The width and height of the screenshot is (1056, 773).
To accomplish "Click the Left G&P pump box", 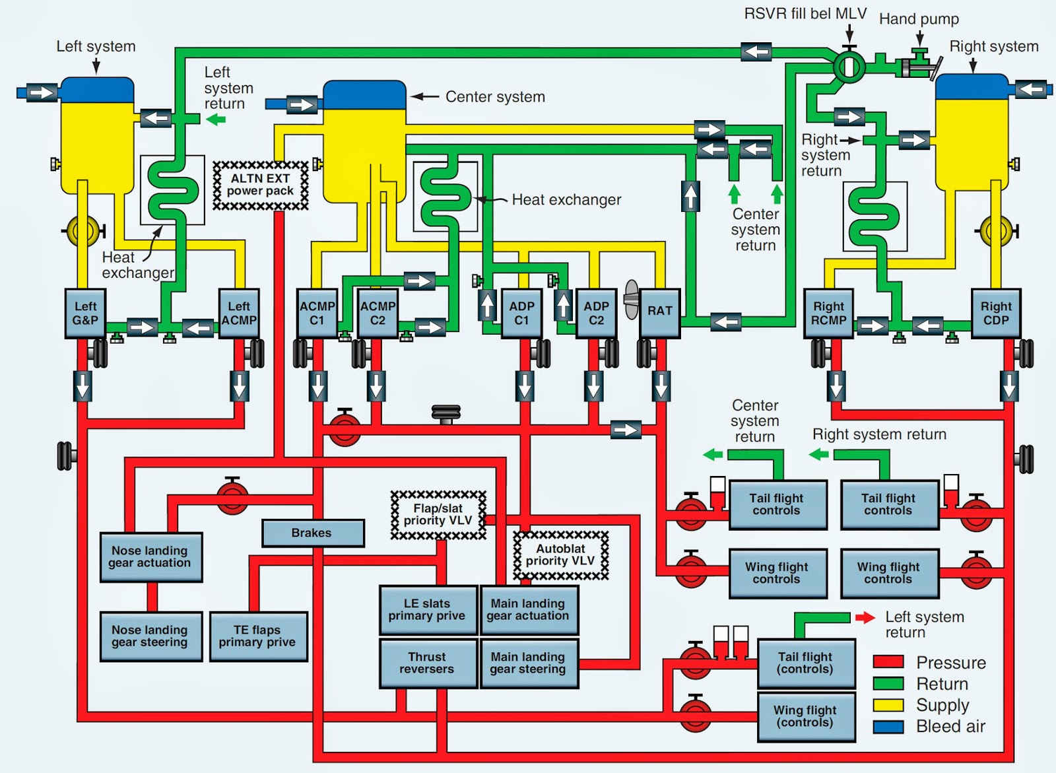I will click(x=85, y=314).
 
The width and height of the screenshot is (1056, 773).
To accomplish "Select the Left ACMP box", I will click(x=239, y=314).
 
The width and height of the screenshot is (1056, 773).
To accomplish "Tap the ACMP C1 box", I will click(x=317, y=314).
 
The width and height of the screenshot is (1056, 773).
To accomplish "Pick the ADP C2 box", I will click(x=596, y=314).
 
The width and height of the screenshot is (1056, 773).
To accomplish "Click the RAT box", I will click(x=659, y=312).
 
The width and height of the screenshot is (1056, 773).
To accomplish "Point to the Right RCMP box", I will click(x=828, y=314).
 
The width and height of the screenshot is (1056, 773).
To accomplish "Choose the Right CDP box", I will click(x=996, y=314).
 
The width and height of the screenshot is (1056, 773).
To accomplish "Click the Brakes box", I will click(x=312, y=533).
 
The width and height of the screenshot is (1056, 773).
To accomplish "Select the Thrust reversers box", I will click(x=427, y=663).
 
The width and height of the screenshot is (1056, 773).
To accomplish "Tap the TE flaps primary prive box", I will click(x=258, y=636).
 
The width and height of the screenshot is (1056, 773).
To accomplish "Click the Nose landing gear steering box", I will click(x=150, y=636).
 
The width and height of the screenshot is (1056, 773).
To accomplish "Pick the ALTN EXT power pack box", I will click(x=261, y=185).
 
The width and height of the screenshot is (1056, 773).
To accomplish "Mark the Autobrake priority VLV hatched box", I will click(x=561, y=555).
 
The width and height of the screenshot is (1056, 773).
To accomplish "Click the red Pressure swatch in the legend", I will click(x=888, y=662).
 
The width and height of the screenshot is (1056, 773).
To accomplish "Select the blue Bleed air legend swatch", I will click(x=888, y=726).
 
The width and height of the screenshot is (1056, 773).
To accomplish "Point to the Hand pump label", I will click(x=919, y=19).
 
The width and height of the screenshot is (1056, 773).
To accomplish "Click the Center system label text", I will click(x=495, y=97).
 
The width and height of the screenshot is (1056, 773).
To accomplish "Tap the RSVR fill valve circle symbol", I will click(x=849, y=65).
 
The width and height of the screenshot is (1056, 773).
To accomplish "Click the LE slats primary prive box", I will click(x=428, y=609).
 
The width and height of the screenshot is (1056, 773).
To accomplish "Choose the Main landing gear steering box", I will click(x=529, y=663).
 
